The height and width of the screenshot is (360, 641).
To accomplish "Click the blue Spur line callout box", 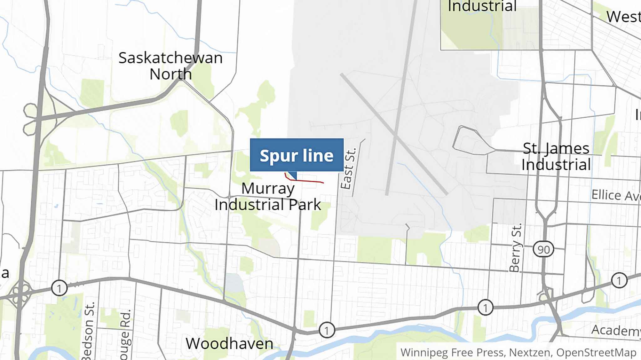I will coord(296,155).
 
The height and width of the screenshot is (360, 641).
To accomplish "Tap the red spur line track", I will coord(307,181).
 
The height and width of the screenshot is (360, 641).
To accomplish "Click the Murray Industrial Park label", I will coord(268,197).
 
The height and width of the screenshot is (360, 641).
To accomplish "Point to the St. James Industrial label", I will coord(556,157).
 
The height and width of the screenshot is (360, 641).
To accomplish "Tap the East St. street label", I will coord(348,169).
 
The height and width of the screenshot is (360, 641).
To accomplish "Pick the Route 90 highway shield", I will coord(543,249).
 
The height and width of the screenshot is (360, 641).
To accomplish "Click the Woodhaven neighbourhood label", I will coord(229,344).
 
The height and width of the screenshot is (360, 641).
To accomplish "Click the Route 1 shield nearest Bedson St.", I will coord(59,288).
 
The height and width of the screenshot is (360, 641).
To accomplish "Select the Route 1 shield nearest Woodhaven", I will coord(327,330).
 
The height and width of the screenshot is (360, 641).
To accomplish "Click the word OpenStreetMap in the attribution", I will coord(596,352).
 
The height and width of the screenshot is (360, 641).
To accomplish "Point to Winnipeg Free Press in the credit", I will coord(452,352).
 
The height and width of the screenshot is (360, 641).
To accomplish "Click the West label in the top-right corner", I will coord(623,17).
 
